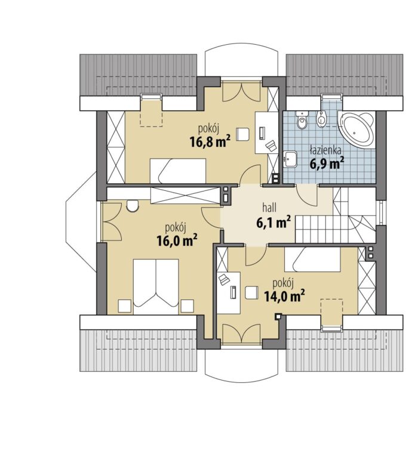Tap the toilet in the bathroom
(x=302, y=120)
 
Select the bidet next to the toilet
(x=321, y=119)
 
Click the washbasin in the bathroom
(x=290, y=159)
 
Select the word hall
(x=269, y=207)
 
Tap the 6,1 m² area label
(x=273, y=222)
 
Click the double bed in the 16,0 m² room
(x=156, y=286)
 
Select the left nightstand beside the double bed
(x=125, y=306)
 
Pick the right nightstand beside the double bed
(x=187, y=306)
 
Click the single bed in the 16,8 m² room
(x=177, y=171)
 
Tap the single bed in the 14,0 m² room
(x=312, y=259)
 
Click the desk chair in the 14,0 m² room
(x=251, y=293)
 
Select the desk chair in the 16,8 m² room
(x=242, y=134)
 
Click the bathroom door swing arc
(x=307, y=196)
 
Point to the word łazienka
(x=325, y=150)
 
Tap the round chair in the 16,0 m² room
(x=133, y=206)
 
